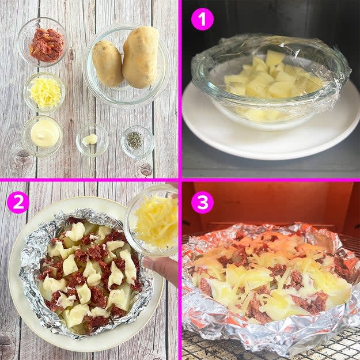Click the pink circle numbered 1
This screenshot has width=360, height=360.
(x=202, y=19)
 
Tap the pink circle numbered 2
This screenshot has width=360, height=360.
(x=18, y=203)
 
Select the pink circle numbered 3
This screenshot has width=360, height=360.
(x=202, y=203)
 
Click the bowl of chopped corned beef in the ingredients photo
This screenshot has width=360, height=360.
(x=43, y=42)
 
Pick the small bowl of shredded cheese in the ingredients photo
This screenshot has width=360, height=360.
(x=44, y=92)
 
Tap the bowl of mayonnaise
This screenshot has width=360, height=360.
(x=42, y=136)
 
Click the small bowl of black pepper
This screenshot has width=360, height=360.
(x=138, y=142)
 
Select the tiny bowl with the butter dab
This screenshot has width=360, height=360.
(x=92, y=141)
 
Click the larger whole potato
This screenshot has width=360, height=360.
(x=141, y=57)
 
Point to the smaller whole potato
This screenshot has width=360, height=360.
(x=108, y=63)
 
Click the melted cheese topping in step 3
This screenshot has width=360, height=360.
(x=271, y=275)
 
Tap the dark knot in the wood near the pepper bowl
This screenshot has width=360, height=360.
(x=145, y=169)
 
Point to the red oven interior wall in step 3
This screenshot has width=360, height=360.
(x=271, y=202)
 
